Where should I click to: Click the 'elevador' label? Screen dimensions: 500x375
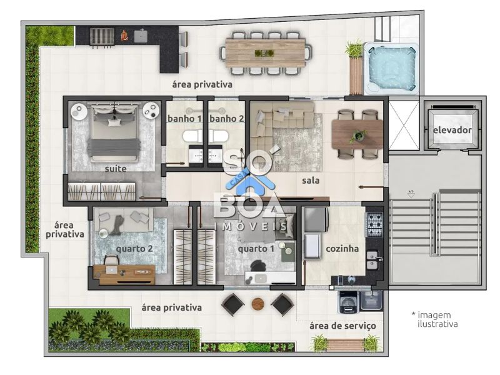[452, 130]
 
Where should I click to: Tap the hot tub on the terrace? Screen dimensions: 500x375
[391, 68]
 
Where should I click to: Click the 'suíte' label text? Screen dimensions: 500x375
[116, 169]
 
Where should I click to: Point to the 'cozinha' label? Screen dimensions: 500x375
[342, 248]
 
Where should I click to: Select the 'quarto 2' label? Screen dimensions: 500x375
[134, 249]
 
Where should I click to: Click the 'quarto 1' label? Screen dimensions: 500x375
[256, 249]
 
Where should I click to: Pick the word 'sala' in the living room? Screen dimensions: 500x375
[311, 181]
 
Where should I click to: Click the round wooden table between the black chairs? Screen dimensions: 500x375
[258, 304]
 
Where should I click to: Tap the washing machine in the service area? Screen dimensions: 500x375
[348, 302]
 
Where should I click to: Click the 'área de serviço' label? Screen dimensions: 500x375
[342, 326]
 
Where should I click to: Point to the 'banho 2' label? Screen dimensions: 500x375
[227, 119]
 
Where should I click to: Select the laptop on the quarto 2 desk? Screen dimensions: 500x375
[111, 270]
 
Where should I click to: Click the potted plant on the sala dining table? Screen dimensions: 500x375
[357, 136]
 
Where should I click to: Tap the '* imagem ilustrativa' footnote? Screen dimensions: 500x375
[434, 319]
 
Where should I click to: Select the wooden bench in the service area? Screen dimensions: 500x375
[345, 344]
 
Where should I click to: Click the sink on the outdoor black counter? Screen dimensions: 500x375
[140, 36]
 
